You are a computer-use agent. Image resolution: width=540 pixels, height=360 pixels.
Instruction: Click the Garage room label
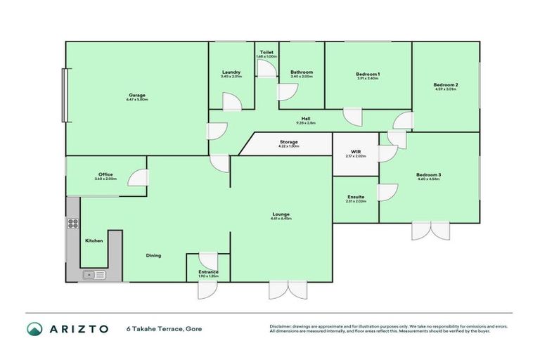pos(137,95)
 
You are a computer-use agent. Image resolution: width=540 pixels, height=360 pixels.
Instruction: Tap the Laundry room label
pos(231,72)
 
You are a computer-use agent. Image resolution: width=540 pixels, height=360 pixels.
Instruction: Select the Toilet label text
pos(266,52)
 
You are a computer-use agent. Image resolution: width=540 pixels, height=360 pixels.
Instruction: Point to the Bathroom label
pos(302,72)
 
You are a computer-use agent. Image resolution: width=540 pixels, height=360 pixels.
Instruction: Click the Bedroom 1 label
pos(367,74)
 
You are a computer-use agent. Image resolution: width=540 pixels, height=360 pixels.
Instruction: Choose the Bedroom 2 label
pos(446,85)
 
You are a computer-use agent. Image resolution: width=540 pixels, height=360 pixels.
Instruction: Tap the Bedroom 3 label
pos(427,174)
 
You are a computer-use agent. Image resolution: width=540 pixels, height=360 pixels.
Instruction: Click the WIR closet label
pos(356,151)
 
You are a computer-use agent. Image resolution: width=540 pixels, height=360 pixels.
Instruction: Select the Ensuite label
pos(356,198)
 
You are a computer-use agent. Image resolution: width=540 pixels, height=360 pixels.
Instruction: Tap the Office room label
pos(105,174)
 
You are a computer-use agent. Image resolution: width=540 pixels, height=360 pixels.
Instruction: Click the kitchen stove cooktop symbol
pos(72,224)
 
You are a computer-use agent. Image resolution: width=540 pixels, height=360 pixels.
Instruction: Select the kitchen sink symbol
pos(91,275)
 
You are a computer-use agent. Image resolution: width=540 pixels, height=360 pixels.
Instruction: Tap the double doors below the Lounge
pos(288,289)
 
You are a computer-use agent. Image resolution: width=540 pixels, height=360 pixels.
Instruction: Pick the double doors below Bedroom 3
pos(430,230)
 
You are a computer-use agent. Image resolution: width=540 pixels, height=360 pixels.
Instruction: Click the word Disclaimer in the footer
pos(281,326)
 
